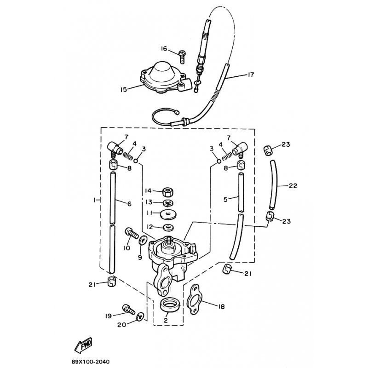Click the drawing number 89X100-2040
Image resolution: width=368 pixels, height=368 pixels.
tap(91, 362)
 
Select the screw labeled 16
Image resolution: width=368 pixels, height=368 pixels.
tap(182, 57)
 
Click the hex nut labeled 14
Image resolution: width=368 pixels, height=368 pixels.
tap(167, 192)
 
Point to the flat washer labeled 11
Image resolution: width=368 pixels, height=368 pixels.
tap(168, 214)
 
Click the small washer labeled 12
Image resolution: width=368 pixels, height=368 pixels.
tap(168, 227)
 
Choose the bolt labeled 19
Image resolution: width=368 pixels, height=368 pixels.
tap(129, 309)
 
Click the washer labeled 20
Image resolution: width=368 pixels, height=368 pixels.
tap(140, 316)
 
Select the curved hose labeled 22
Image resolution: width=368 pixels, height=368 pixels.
tap(274, 184)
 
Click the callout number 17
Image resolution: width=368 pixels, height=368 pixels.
tap(251, 75)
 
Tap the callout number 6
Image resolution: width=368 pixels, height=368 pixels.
tap(129, 204)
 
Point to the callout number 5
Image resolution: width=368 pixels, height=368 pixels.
tap(225, 200)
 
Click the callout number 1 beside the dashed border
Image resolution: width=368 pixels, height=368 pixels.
tap(95, 200)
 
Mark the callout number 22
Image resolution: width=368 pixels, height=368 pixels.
tap(293, 186)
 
